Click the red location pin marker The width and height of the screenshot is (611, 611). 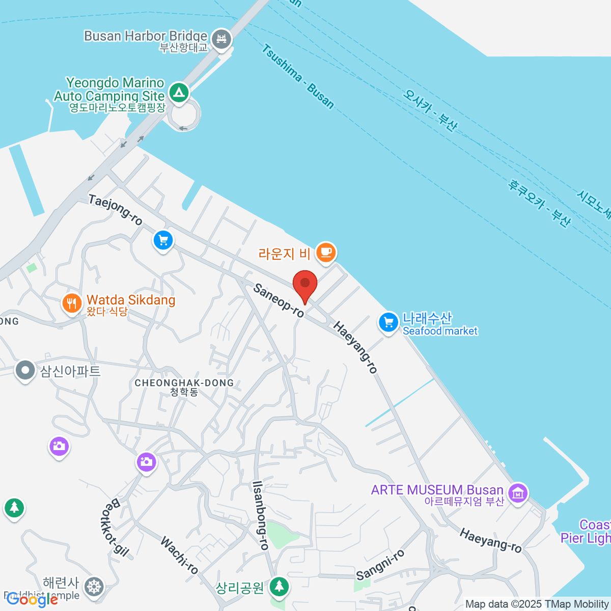[x=305, y=285]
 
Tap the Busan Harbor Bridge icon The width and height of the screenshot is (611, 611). [x=221, y=39]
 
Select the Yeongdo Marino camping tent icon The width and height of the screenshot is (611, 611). [x=179, y=92]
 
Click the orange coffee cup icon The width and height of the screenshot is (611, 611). [x=326, y=252]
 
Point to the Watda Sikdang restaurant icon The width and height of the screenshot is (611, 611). [x=72, y=303]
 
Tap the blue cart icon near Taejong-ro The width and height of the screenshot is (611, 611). [x=163, y=240]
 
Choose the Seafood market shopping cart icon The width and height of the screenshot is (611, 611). [x=388, y=322]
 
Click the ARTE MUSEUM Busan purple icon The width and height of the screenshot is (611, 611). [x=518, y=492]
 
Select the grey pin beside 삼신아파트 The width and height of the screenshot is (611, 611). [x=25, y=370]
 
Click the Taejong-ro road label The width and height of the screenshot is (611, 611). [x=116, y=209]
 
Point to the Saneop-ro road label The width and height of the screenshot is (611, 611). [x=279, y=300]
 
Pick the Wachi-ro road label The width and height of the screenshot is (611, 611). [x=179, y=554]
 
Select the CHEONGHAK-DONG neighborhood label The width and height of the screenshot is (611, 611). [x=184, y=383]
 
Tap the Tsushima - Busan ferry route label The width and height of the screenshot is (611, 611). [x=298, y=76]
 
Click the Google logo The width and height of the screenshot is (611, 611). [x=32, y=600]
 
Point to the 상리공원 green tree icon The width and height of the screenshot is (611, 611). [x=279, y=587]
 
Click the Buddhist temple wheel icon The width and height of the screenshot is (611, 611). [x=94, y=587]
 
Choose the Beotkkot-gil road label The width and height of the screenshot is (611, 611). [x=113, y=527]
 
